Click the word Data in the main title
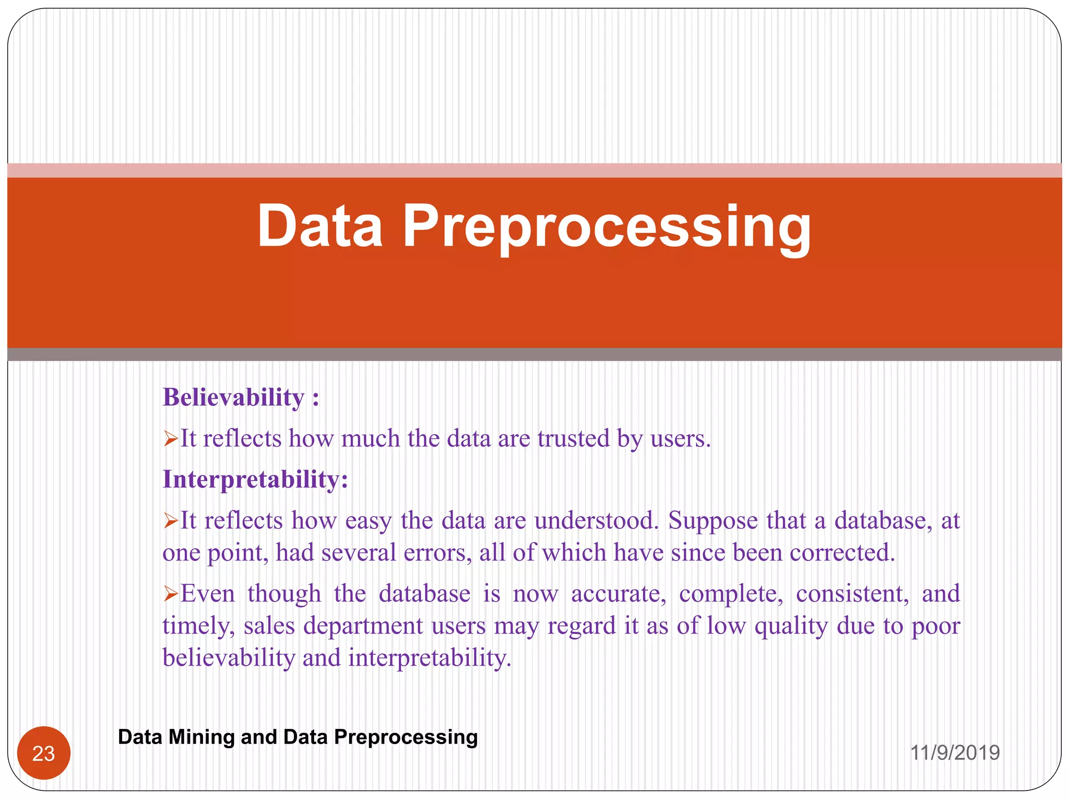pyautogui.click(x=319, y=226)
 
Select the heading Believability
pyautogui.click(x=233, y=398)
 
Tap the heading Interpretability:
pyautogui.click(x=255, y=479)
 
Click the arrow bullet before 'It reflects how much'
pyautogui.click(x=171, y=439)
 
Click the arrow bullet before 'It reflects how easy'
pyautogui.click(x=171, y=521)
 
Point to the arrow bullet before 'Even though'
pyautogui.click(x=171, y=594)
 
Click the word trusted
pyautogui.click(x=573, y=439)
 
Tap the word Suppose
pyautogui.click(x=712, y=521)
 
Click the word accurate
pyautogui.click(x=618, y=594)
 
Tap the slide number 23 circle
pyautogui.click(x=44, y=753)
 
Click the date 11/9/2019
pyautogui.click(x=955, y=753)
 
